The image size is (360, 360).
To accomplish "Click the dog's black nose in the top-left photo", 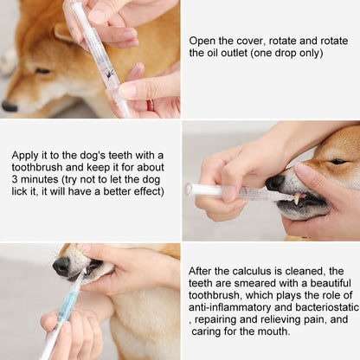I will [10, 106].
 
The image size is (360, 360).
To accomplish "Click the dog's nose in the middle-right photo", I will [274, 183].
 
